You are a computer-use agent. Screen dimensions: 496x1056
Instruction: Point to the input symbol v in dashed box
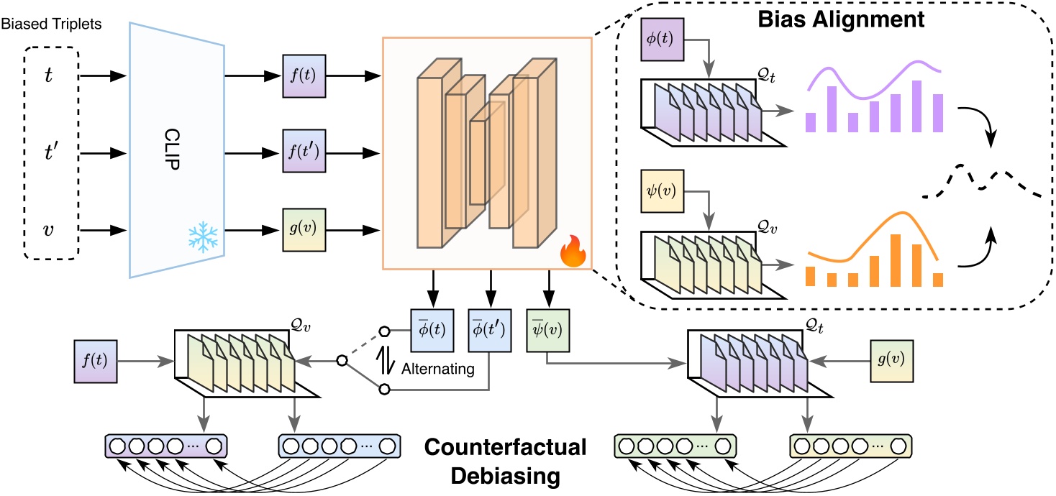tap(47, 231)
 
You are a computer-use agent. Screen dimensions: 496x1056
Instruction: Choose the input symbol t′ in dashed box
tap(49, 154)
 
